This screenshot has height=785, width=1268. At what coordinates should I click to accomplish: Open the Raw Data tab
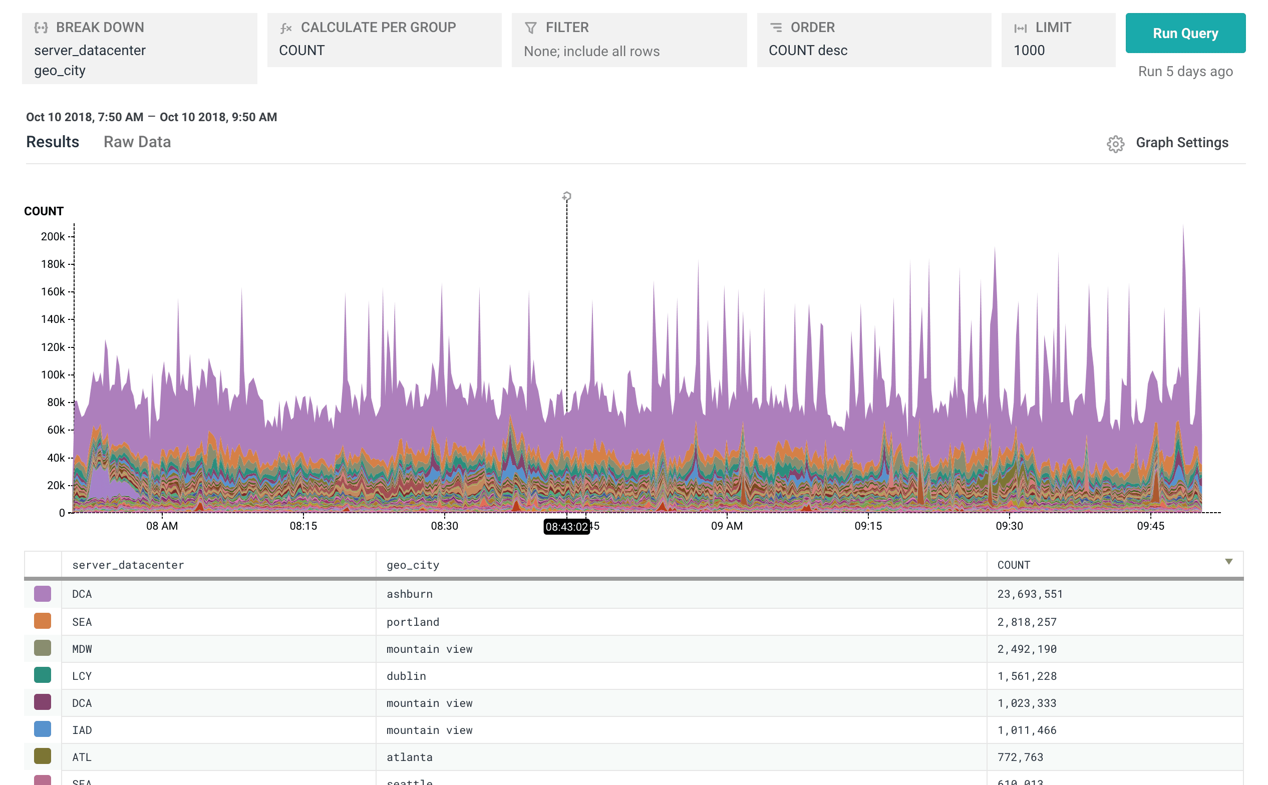point(137,142)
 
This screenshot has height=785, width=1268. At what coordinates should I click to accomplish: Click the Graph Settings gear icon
point(1115,144)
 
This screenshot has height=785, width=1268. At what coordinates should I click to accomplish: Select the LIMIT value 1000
point(1029,51)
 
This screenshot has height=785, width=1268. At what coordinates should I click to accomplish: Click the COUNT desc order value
point(807,51)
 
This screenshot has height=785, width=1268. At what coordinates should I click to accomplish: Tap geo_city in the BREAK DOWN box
point(60,71)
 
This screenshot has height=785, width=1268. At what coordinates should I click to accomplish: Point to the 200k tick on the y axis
point(53,237)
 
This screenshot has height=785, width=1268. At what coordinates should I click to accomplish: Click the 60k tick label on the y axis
point(56,430)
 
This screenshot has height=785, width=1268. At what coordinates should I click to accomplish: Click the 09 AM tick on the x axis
point(727,526)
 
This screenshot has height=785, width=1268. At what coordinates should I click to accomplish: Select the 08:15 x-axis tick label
point(303,526)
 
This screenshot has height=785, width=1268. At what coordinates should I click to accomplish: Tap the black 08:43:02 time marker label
point(566,527)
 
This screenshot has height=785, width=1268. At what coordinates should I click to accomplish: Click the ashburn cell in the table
point(409,594)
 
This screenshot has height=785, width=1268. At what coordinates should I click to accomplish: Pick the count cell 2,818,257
point(1027,622)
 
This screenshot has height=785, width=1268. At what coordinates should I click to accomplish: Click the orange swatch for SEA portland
point(43,621)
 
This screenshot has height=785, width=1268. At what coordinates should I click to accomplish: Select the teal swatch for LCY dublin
point(43,675)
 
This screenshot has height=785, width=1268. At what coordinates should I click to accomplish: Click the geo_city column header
point(413,565)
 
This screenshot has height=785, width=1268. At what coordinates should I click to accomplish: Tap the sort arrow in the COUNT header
point(1228,562)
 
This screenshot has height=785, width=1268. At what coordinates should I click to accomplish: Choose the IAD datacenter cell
point(82,730)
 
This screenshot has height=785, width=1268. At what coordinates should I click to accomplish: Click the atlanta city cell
point(409,757)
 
